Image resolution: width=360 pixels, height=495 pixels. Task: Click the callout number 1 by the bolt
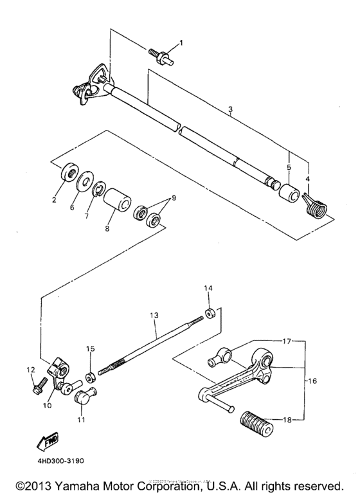[181, 43]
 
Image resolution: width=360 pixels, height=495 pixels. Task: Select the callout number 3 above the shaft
[230, 111]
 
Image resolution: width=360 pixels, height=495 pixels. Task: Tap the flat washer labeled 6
[84, 182]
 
